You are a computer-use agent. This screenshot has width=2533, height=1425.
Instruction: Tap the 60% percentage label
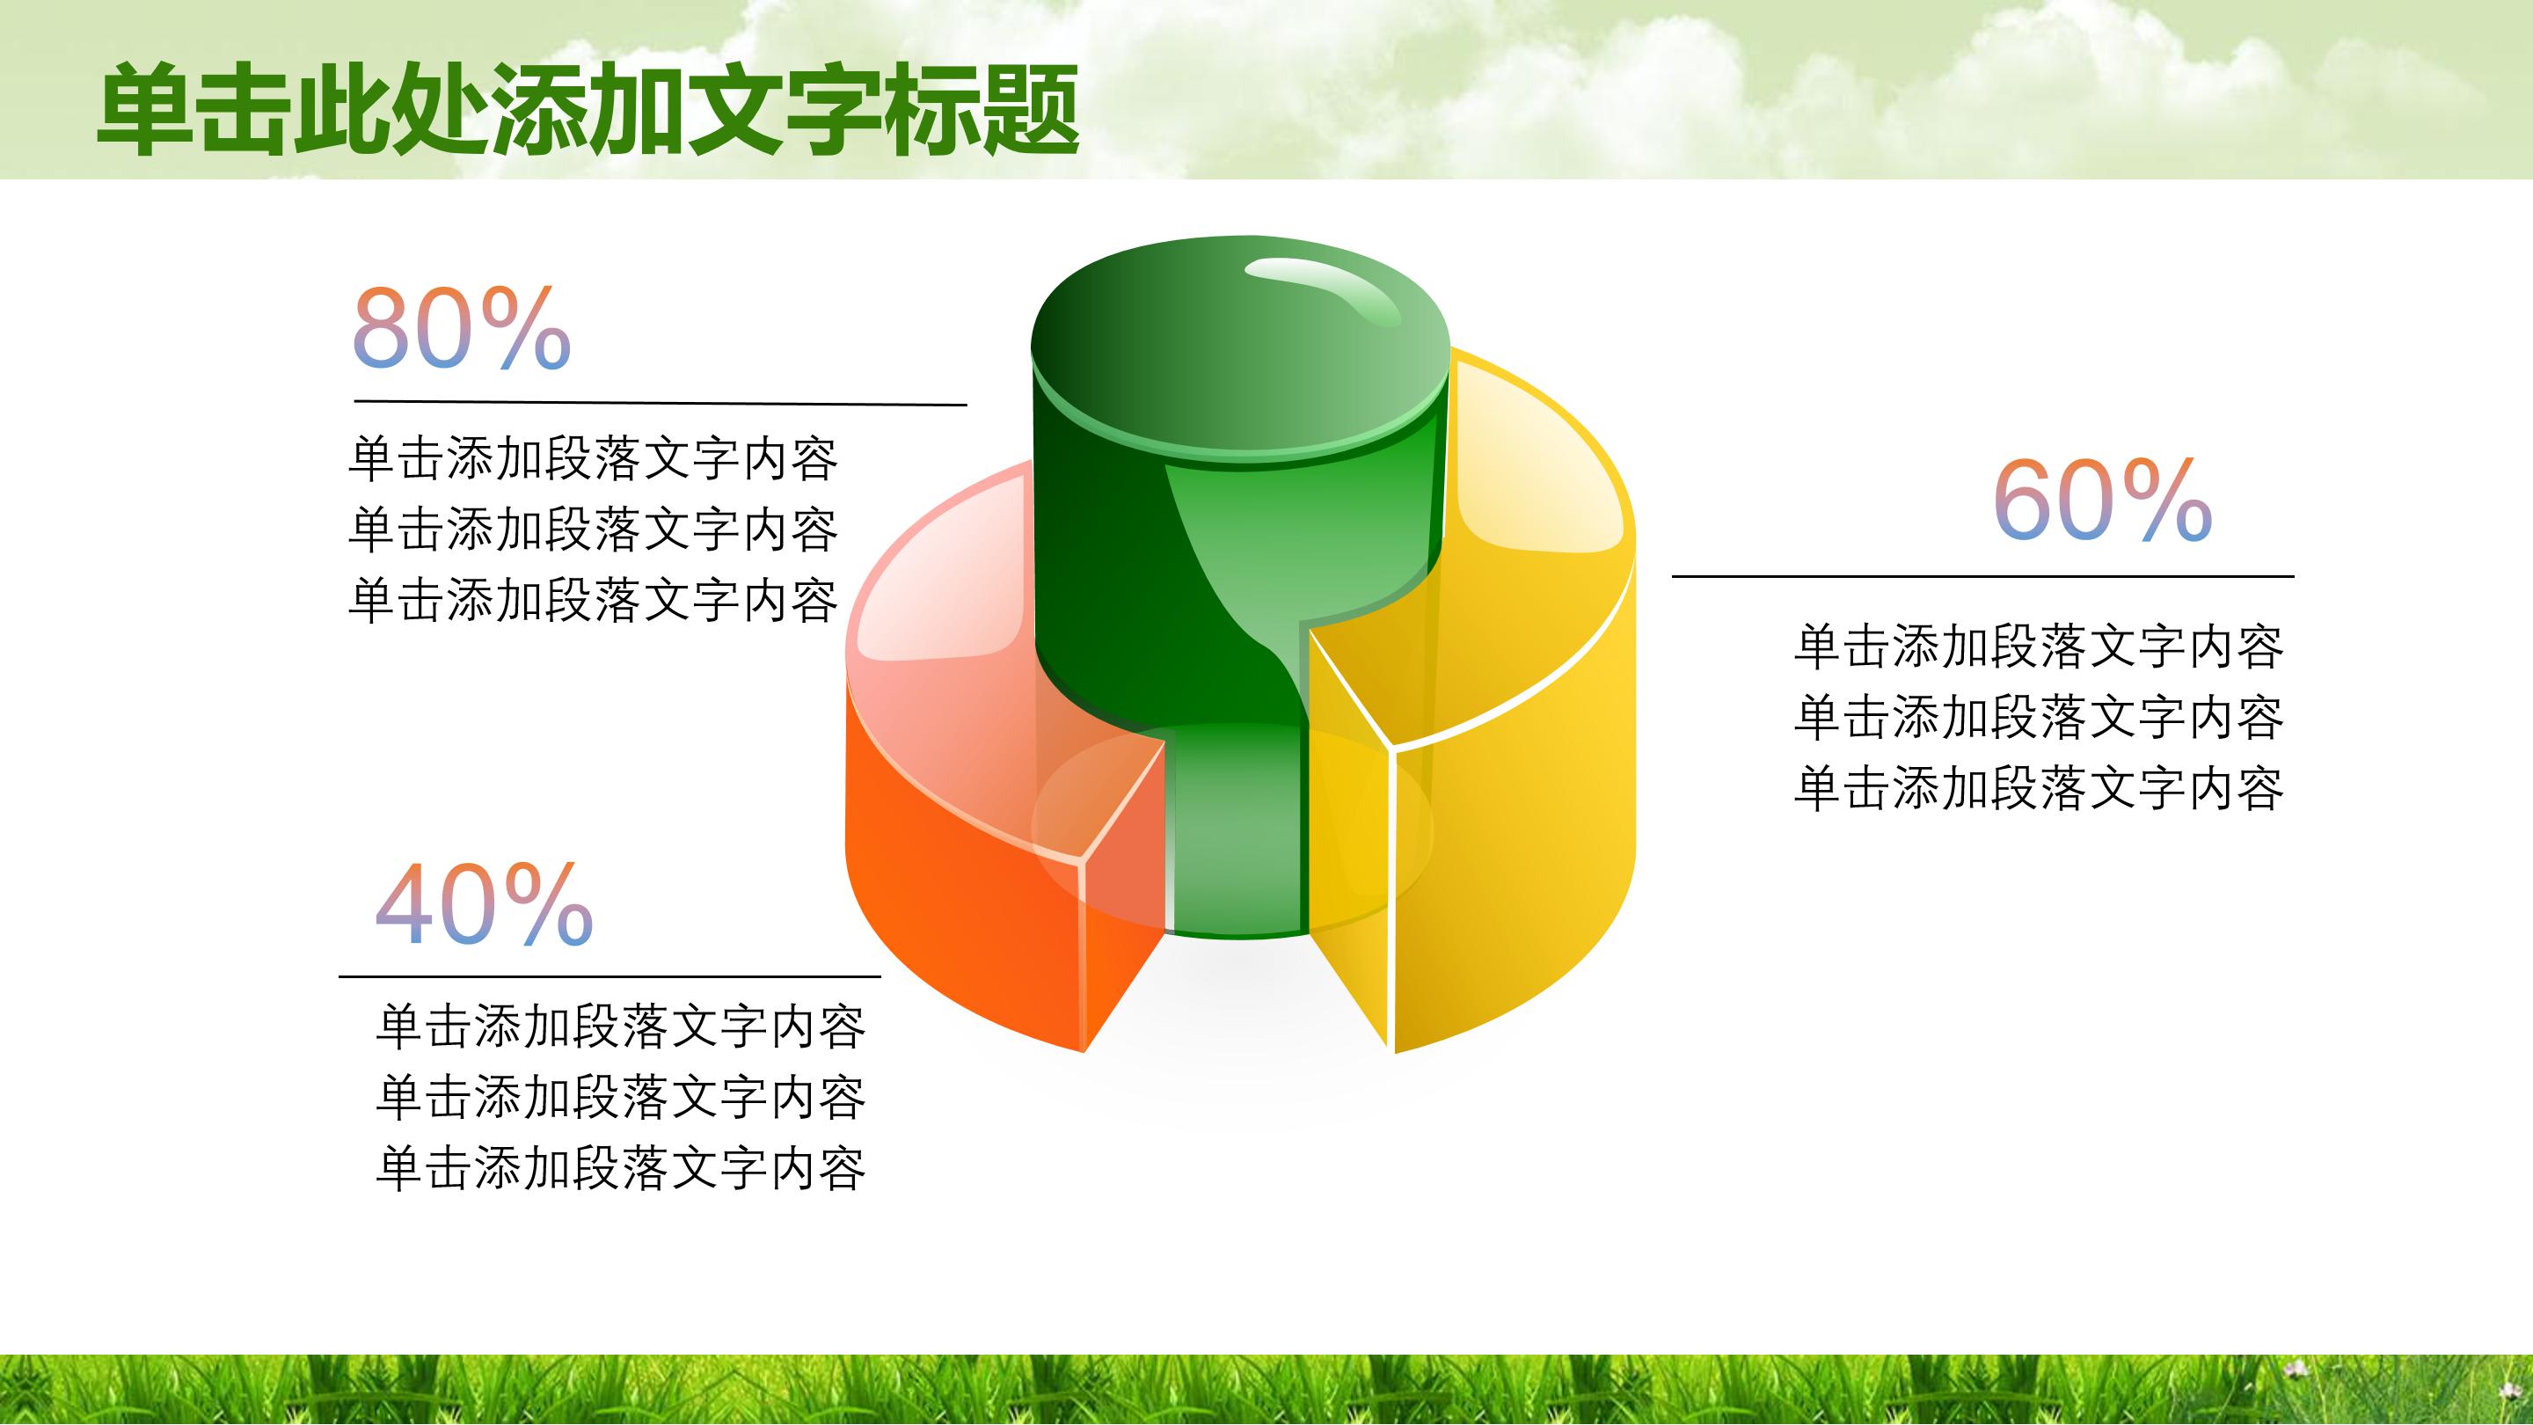pyautogui.click(x=2102, y=501)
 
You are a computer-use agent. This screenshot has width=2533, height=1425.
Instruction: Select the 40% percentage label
pyautogui.click(x=484, y=905)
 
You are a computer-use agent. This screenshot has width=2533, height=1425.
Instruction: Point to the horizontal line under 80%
pyautogui.click(x=660, y=402)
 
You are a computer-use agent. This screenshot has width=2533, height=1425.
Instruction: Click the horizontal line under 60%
pyautogui.click(x=1982, y=576)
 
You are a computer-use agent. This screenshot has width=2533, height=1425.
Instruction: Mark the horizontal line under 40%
pyautogui.click(x=609, y=976)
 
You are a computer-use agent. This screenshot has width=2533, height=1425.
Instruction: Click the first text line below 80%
pyautogui.click(x=593, y=459)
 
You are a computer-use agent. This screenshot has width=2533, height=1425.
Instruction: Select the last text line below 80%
pyautogui.click(x=593, y=601)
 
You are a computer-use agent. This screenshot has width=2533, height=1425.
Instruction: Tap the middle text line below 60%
pyautogui.click(x=2039, y=717)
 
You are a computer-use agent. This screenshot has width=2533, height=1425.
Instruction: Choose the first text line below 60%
pyautogui.click(x=2039, y=647)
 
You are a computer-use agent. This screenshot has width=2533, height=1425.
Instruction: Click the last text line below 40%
pyautogui.click(x=620, y=1168)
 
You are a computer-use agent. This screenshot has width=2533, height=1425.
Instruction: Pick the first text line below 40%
pyautogui.click(x=620, y=1027)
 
